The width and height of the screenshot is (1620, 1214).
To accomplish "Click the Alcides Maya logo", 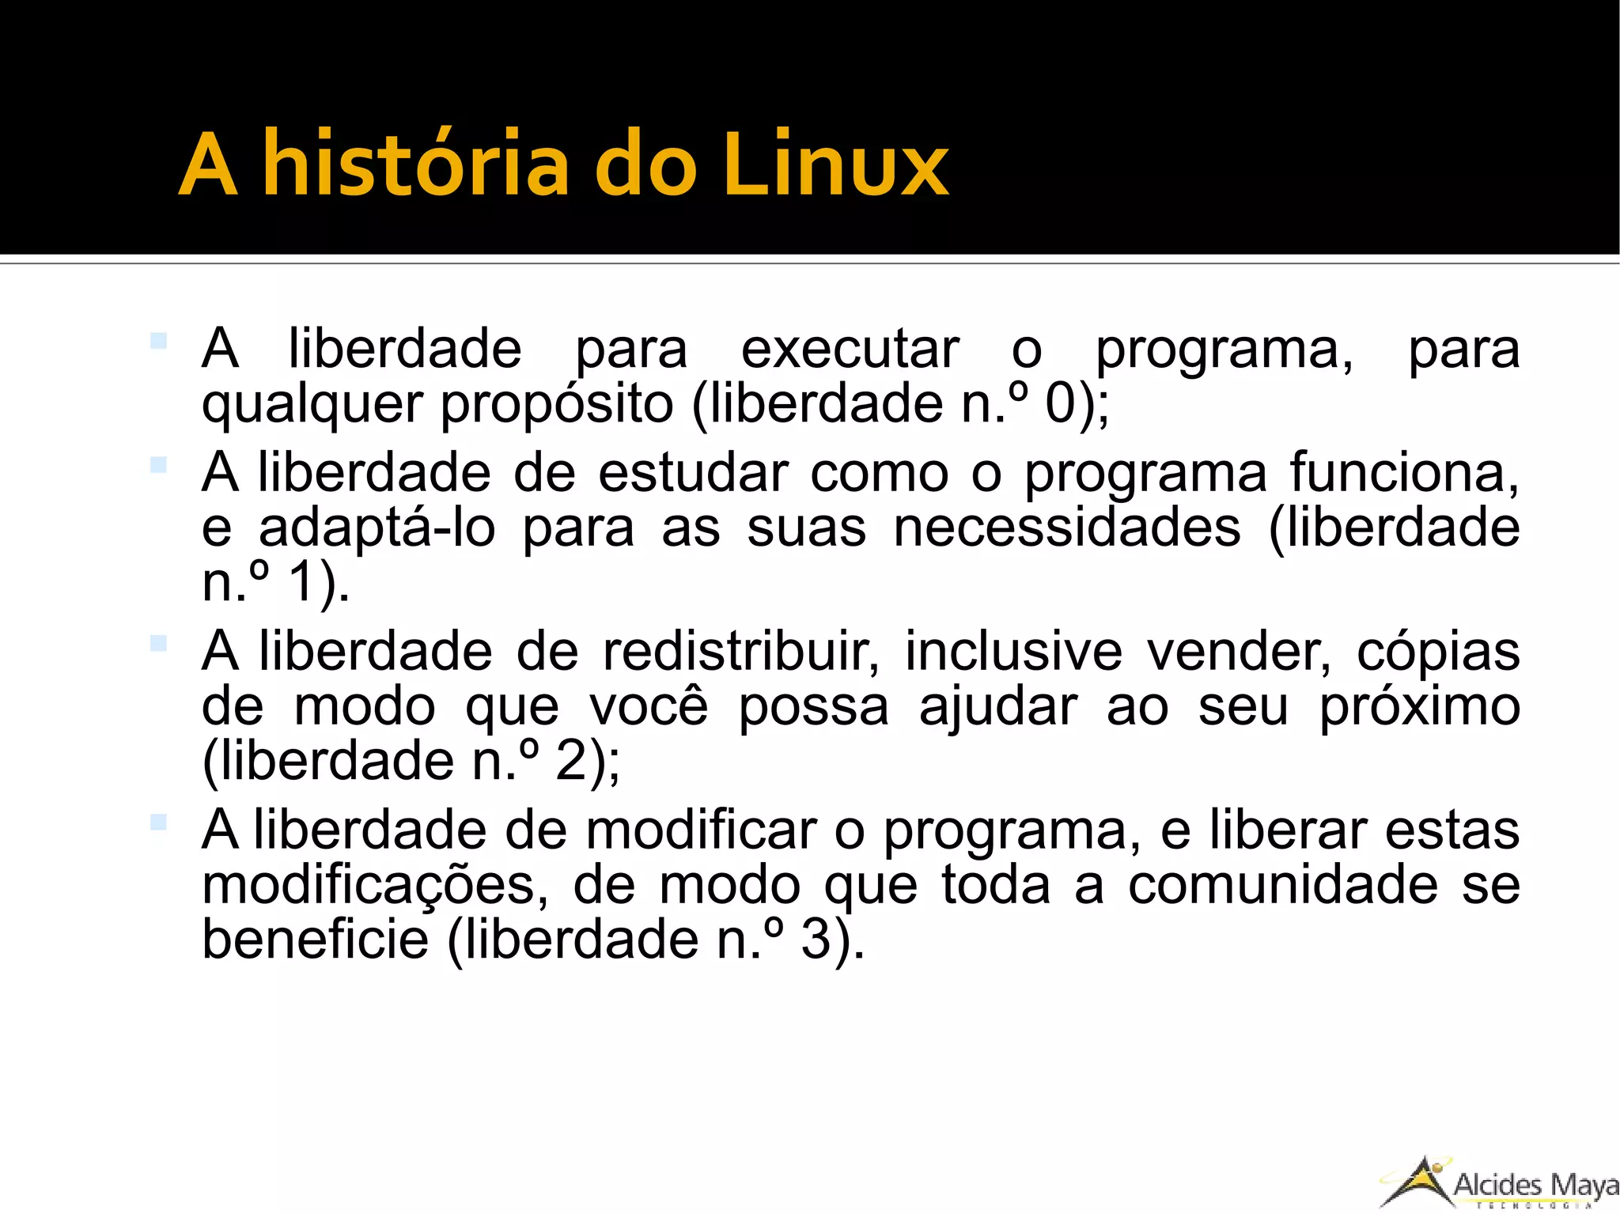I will click(x=1499, y=1183).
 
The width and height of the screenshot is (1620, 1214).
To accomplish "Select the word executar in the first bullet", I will click(x=850, y=349).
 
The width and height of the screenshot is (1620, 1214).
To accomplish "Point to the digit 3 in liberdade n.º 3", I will click(x=816, y=940).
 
